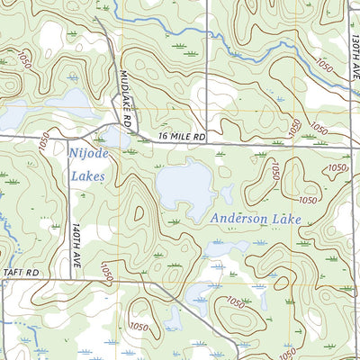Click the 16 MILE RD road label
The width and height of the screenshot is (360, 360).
pos(182,136)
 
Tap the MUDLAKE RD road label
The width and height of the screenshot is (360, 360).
pos(126,96)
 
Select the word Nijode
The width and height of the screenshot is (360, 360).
pos(86,154)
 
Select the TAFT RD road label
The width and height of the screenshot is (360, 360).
pos(21,271)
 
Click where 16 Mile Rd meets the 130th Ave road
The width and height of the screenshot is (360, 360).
pos(348,145)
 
